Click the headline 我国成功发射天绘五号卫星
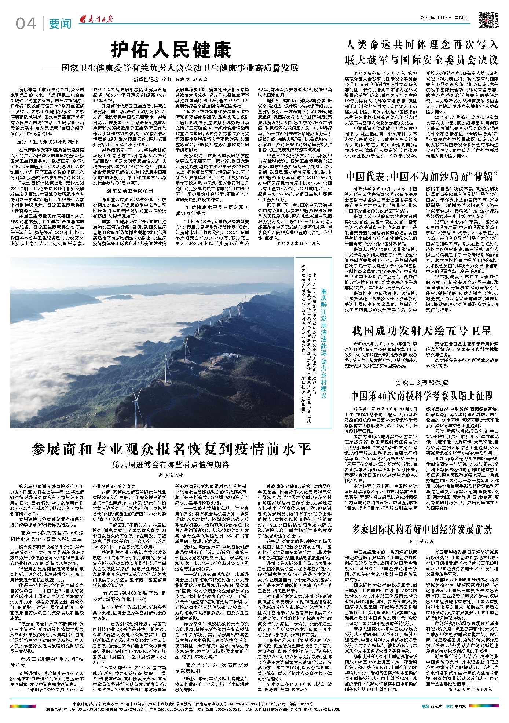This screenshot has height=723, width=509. [x=421, y=331]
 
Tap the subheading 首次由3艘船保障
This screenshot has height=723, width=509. [x=421, y=383]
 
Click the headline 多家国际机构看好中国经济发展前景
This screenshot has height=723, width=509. [x=422, y=529]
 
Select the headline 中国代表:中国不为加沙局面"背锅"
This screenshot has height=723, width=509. [x=422, y=177]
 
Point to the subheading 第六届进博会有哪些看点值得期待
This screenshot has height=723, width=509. [x=171, y=465]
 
